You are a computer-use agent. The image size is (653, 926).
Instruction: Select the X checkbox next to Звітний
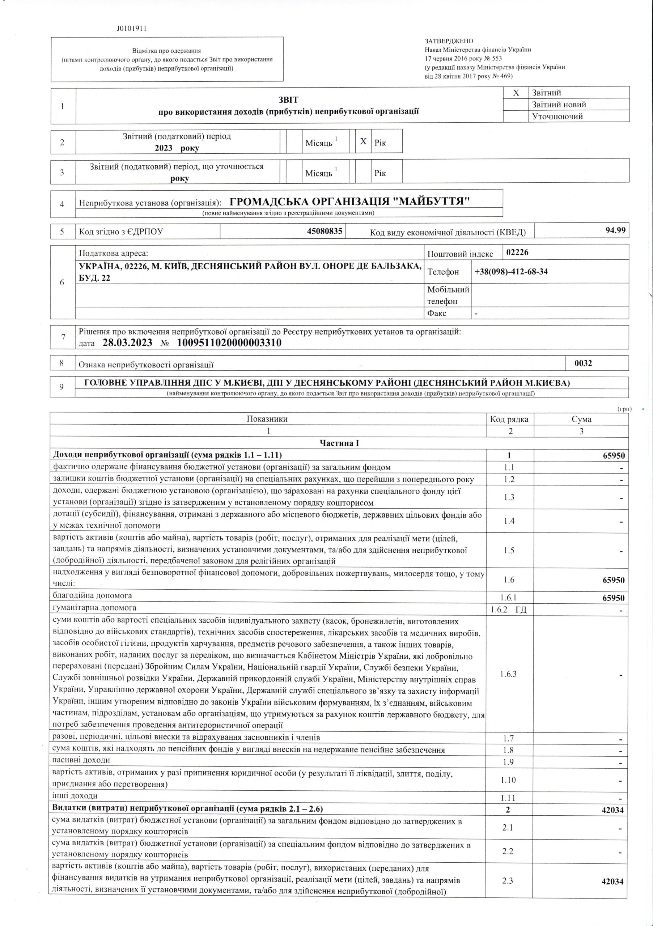coord(516,93)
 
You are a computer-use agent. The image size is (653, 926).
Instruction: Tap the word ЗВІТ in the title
coord(289,99)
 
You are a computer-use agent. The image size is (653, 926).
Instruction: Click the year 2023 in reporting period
coord(164,148)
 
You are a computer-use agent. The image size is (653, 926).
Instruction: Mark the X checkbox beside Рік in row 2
coord(363,141)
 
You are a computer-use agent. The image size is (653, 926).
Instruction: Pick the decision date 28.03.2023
coord(127,343)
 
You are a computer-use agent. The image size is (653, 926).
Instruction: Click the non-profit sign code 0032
coord(583,363)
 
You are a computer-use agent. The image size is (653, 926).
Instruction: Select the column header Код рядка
coord(509,419)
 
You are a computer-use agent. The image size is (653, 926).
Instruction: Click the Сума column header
coord(581,419)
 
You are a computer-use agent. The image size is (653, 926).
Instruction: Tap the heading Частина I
coord(339,443)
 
